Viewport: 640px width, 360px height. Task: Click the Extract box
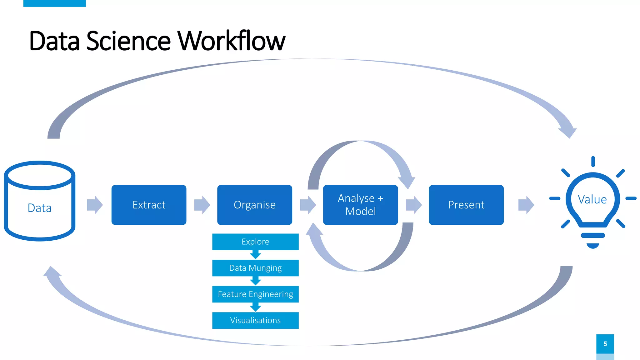point(149,205)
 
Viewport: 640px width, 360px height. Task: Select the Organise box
point(254,205)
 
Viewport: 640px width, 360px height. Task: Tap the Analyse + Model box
point(360,205)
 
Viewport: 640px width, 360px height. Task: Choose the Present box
point(466,205)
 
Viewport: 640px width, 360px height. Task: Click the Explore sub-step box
point(255,242)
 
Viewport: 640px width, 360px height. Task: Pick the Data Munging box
point(255,268)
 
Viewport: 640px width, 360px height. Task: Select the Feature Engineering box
point(255,294)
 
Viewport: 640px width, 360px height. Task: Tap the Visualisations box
point(255,320)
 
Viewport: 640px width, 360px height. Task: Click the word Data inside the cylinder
point(39,208)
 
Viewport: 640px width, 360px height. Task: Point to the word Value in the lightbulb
point(592,199)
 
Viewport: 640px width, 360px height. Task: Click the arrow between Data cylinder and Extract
point(95,205)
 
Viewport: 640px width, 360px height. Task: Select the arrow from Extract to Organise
point(202,205)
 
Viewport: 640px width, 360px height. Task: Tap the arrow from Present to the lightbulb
point(526,205)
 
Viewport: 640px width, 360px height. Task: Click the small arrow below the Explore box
point(255,255)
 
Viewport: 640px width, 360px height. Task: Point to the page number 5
point(605,344)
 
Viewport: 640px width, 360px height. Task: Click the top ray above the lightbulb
point(593,162)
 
